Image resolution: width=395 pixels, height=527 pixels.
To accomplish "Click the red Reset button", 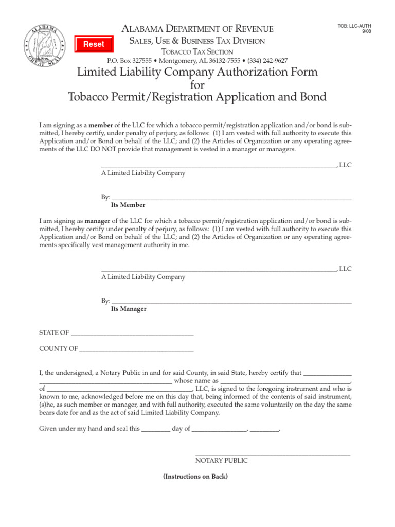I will (x=94, y=44).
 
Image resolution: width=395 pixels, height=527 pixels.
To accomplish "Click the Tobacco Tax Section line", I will (x=197, y=51).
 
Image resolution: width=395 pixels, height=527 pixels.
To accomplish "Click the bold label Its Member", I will (x=128, y=205).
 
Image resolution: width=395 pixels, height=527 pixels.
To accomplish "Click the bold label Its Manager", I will (x=129, y=309).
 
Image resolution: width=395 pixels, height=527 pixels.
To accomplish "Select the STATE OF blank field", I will (x=132, y=333).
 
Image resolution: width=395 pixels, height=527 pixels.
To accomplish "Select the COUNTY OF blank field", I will (x=137, y=349).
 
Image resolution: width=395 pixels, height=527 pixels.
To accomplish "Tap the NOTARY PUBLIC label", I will (x=221, y=460).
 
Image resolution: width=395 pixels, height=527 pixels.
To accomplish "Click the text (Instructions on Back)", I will (x=195, y=477).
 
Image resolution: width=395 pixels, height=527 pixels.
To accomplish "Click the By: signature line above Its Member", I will (x=231, y=198).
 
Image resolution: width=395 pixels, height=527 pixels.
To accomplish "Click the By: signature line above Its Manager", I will (x=231, y=302).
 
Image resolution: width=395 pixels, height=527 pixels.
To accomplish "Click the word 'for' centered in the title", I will (x=197, y=84).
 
